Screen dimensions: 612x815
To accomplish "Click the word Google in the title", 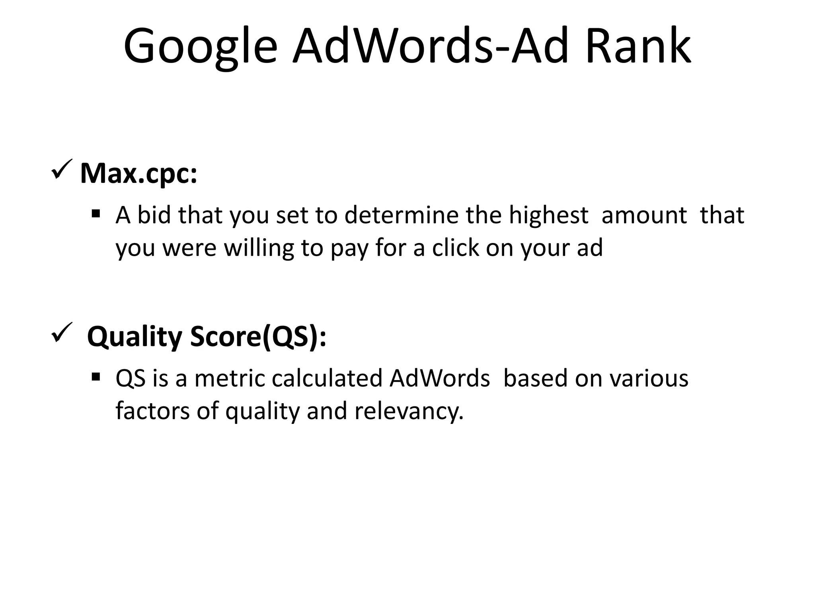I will pyautogui.click(x=201, y=47).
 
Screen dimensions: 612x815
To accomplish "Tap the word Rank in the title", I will pyautogui.click(x=638, y=47).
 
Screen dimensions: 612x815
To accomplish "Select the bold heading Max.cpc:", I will pyautogui.click(x=138, y=173).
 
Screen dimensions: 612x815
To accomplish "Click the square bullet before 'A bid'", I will pyautogui.click(x=96, y=214).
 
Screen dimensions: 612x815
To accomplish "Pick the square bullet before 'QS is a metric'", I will pyautogui.click(x=96, y=377).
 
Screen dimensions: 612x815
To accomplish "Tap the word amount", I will pyautogui.click(x=644, y=215).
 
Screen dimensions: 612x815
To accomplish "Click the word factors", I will pyautogui.click(x=153, y=411).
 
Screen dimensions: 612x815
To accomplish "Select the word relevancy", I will pyautogui.click(x=409, y=412).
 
